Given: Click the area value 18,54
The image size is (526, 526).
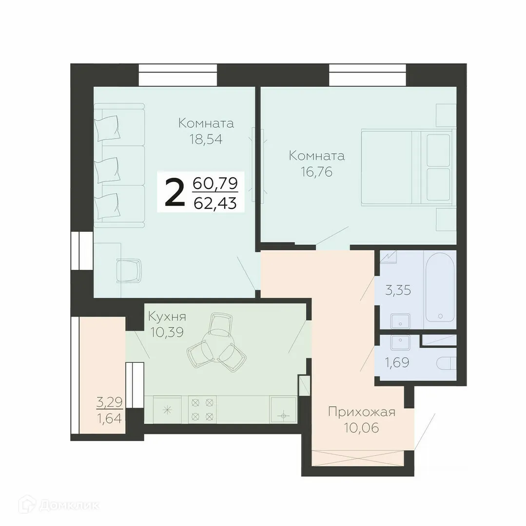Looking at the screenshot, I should click(x=206, y=140).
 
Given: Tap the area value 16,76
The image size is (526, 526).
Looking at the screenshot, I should click(x=316, y=172).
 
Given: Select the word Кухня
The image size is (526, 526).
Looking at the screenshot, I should click(x=167, y=317).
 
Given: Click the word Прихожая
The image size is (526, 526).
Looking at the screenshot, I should click(x=361, y=413).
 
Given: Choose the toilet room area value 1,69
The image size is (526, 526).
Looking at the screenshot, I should click(x=398, y=363).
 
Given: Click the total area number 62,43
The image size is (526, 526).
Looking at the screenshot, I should click(x=215, y=202).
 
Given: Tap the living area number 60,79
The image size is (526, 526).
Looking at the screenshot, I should click(x=215, y=184).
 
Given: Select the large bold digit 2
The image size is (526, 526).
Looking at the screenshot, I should click(x=175, y=193).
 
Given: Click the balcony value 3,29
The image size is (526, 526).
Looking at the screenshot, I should click(x=109, y=402).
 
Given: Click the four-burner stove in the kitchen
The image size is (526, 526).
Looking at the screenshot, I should click(x=202, y=409).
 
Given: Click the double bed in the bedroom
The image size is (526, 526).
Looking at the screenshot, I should click(x=407, y=168).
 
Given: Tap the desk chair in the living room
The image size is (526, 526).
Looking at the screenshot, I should click(x=129, y=270).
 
